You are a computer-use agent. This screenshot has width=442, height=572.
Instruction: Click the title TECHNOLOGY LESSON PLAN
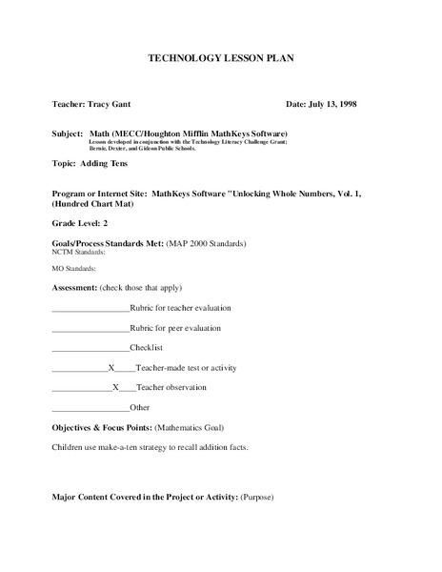tap(220, 58)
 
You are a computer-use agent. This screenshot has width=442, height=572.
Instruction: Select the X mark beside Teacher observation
tap(115, 388)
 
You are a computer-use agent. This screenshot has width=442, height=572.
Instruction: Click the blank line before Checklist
tap(90, 348)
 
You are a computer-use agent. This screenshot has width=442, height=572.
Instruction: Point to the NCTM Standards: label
tap(78, 253)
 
